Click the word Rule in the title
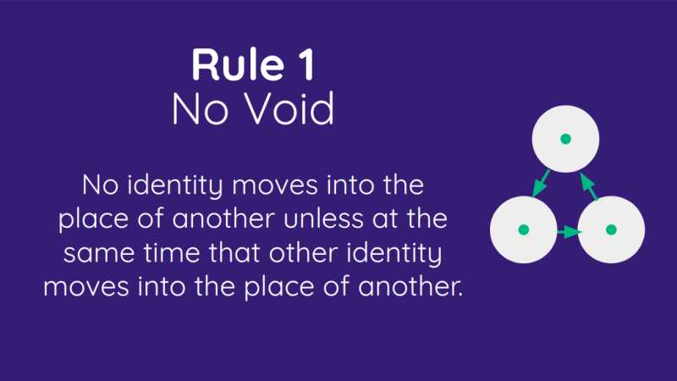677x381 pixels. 223,65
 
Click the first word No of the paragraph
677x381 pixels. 101,184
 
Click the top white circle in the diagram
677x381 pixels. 565,138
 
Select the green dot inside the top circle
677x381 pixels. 565,138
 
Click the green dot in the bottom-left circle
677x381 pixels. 523,229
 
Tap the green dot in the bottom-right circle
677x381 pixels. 611,229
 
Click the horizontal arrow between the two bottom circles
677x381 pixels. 568,229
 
